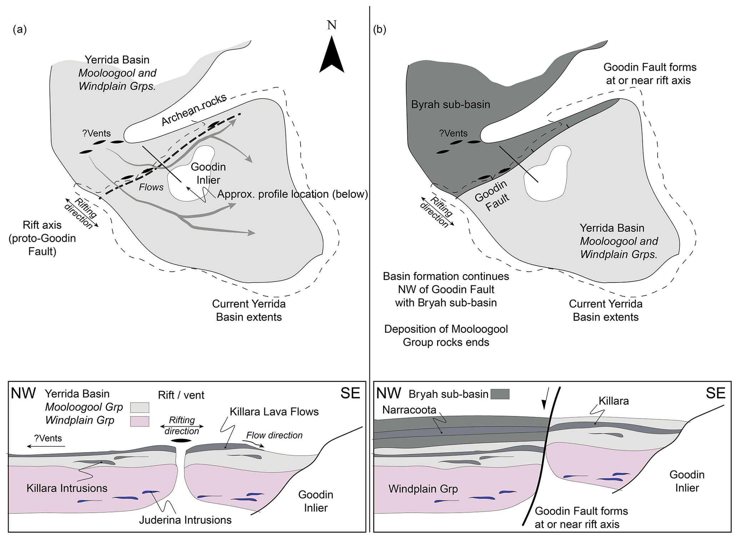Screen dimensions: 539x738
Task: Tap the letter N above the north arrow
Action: click(x=332, y=25)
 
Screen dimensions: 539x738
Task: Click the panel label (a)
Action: click(x=20, y=30)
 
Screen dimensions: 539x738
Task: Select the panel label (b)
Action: click(x=380, y=30)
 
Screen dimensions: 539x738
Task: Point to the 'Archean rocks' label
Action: click(x=194, y=110)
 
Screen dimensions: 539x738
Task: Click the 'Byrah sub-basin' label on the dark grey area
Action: click(x=451, y=104)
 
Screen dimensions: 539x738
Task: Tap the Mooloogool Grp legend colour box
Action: click(x=140, y=407)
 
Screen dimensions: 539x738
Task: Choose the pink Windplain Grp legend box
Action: click(x=140, y=421)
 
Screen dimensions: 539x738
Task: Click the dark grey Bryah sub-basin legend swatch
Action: click(x=500, y=394)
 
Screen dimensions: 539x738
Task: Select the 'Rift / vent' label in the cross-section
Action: click(x=181, y=395)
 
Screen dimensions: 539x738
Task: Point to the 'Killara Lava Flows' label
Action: click(x=274, y=412)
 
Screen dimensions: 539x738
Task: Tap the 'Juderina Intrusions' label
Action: click(x=185, y=520)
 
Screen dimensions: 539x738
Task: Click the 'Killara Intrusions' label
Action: click(x=67, y=488)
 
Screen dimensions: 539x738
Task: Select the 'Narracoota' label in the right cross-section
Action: click(x=409, y=410)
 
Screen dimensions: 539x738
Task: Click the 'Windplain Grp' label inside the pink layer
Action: click(x=423, y=489)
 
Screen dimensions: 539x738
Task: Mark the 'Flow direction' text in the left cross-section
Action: click(x=274, y=435)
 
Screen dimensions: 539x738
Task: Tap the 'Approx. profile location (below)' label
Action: click(x=292, y=194)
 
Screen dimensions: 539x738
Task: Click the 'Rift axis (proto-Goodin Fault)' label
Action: click(x=42, y=238)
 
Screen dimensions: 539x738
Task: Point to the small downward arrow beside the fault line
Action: click(x=544, y=403)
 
